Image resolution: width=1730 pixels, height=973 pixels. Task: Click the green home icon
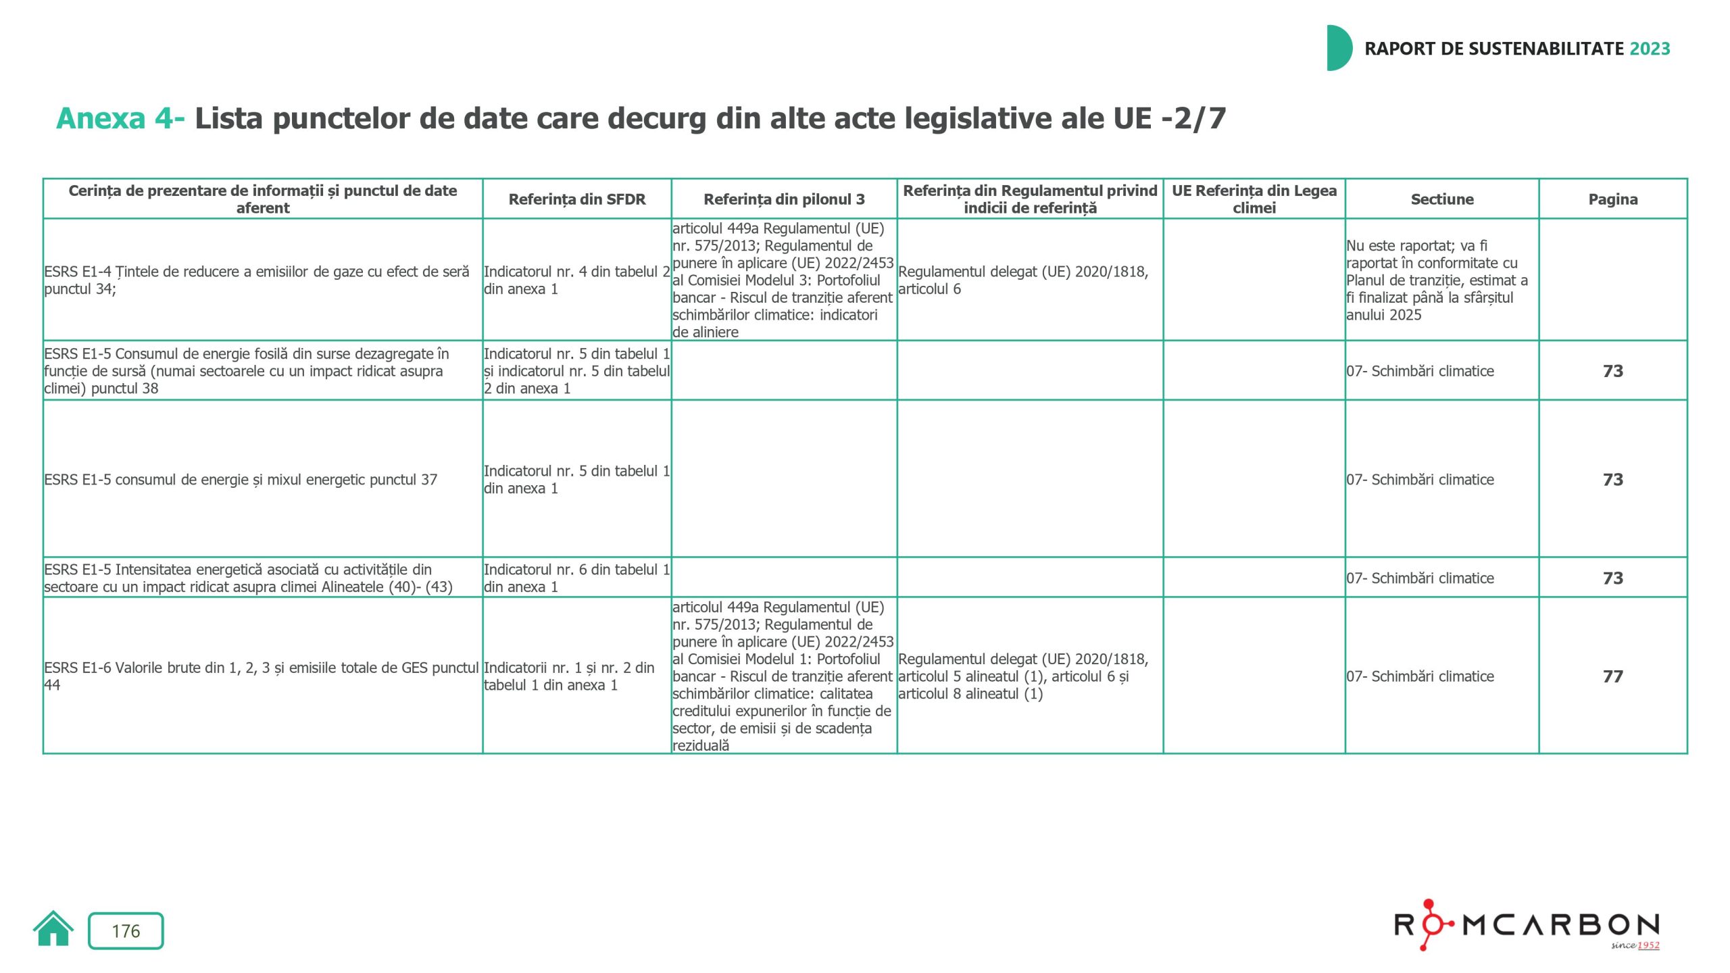53,929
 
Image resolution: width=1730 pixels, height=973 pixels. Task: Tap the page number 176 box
126,931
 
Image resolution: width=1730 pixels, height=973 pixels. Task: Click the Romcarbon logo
1527,925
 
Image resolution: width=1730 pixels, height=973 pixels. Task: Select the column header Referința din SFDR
576,199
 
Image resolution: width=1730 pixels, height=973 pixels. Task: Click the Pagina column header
1612,199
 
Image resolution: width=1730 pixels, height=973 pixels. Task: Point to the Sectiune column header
1441,199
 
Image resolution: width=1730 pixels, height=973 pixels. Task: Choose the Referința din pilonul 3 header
784,199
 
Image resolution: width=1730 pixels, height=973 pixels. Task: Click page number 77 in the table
1612,676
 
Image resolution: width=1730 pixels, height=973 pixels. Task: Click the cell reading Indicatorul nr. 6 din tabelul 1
576,578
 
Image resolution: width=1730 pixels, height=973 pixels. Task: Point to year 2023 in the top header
1650,49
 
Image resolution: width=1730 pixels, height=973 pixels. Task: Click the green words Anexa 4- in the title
120,119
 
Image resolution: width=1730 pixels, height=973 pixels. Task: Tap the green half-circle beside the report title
1338,48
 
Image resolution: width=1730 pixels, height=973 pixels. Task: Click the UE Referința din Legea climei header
1254,199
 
